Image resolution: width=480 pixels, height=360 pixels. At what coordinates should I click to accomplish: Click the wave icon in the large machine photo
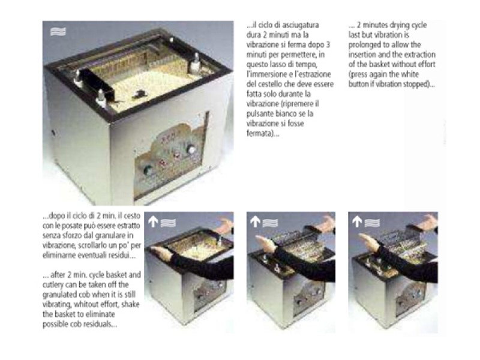[58, 32]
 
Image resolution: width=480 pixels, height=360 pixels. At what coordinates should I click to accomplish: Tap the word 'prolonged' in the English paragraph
[364, 45]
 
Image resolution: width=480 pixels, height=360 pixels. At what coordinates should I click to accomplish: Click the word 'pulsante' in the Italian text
[260, 114]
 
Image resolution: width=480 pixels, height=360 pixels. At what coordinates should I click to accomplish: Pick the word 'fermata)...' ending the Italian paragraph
[263, 133]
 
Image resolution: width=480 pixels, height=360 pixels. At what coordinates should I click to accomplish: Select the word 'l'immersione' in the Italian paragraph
[266, 74]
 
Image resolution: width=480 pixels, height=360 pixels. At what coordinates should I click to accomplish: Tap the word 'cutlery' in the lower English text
[53, 285]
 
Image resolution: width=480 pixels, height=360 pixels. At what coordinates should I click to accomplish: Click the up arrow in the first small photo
[153, 222]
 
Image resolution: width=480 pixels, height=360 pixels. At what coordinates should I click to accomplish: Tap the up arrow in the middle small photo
[255, 222]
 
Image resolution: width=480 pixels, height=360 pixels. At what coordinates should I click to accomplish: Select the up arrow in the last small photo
[356, 222]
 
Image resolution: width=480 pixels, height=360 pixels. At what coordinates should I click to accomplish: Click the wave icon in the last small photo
[372, 223]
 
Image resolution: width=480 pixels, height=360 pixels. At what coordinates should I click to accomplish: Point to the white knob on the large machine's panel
[191, 149]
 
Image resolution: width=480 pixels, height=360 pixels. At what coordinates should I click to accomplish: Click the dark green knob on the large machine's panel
[148, 170]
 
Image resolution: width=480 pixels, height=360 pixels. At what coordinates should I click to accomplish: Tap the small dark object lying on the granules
[139, 94]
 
